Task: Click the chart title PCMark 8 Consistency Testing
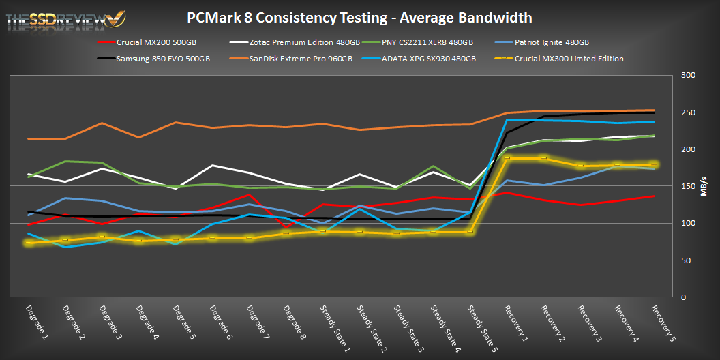pos(359,16)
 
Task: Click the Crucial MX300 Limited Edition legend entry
pos(569,59)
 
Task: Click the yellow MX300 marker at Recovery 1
pos(507,158)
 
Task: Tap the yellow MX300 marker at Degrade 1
pos(29,242)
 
